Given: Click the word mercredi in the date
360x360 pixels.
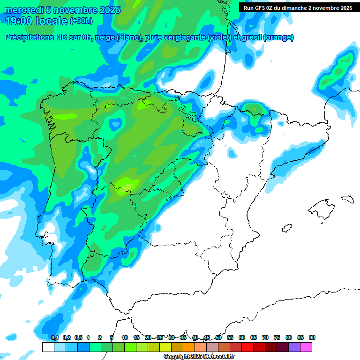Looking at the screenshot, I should tap(22, 10).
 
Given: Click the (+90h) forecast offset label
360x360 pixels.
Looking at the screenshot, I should tap(81, 21).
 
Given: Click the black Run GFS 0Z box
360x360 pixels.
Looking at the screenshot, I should tap(298, 7).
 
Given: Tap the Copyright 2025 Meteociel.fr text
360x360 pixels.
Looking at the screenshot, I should tap(199, 357).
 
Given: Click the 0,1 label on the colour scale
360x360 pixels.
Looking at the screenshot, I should tap(55, 337).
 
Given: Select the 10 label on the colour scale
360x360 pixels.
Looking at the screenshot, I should tap(125, 337).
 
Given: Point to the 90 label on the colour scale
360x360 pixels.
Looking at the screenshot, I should tap(312, 337).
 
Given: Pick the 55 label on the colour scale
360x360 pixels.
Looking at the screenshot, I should tap(230, 337).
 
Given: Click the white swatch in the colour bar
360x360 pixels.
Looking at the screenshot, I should tap(48, 347).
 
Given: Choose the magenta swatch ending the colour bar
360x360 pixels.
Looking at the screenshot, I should tap(306, 347).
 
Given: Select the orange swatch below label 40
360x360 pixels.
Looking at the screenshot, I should tap(189, 347).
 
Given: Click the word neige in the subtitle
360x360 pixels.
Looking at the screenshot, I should tap(106, 37).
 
